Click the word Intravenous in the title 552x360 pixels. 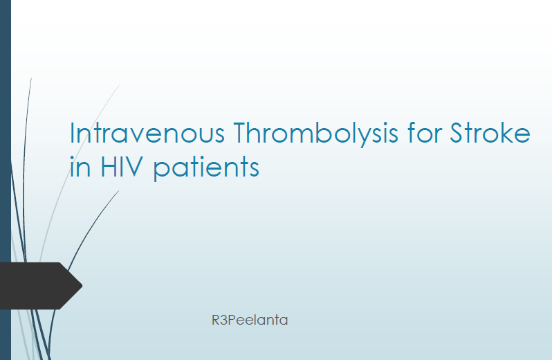click(x=147, y=133)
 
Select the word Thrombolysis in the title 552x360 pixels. click(x=315, y=134)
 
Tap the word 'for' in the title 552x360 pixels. click(x=424, y=132)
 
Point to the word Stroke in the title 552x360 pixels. click(x=490, y=132)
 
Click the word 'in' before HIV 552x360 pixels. click(x=81, y=166)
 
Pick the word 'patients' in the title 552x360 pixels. click(x=206, y=168)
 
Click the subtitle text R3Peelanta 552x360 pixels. click(x=250, y=320)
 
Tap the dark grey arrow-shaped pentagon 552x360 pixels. click(x=41, y=286)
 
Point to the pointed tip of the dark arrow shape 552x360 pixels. click(x=82, y=286)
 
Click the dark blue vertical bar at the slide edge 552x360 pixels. click(x=6, y=180)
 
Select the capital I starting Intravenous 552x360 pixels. click(x=72, y=133)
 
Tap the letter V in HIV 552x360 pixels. click(x=132, y=166)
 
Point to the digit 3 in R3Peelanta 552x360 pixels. click(x=224, y=320)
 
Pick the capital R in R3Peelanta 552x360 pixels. click(x=215, y=320)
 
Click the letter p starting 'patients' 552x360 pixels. click(x=161, y=171)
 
